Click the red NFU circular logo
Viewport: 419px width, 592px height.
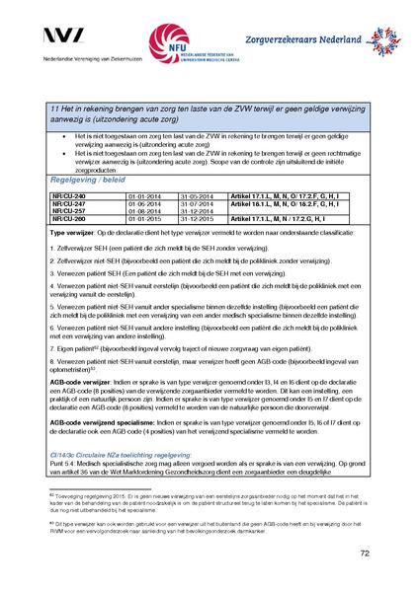pos(162,43)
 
